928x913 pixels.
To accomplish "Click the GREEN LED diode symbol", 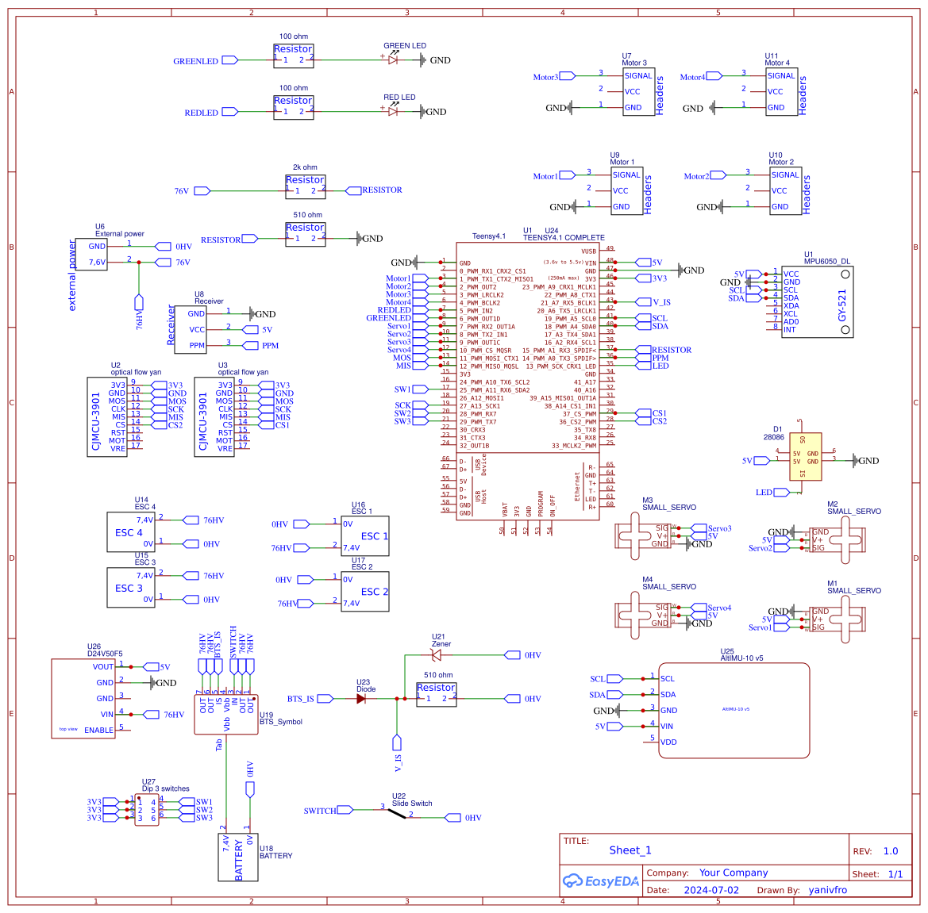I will coord(393,59).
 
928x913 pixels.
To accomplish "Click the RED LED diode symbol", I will coord(393,111).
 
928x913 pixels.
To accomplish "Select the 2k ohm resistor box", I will coord(305,186).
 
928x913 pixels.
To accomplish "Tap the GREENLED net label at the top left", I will coord(195,61).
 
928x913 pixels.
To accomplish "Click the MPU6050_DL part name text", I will coord(826,261).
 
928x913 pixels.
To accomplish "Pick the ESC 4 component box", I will coord(130,532).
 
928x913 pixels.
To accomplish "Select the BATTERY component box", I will coord(237,857).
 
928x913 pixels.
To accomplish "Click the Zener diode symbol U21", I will coord(436,655).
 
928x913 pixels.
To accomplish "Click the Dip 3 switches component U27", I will coord(146,810).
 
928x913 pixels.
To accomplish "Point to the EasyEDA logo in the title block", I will coord(600,880).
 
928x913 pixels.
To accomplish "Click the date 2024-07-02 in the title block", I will coord(710,890).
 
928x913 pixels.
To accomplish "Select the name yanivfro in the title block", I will coord(827,890).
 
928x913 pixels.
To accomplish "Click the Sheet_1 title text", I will coord(630,850).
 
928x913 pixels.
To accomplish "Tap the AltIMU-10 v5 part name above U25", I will coord(741,658).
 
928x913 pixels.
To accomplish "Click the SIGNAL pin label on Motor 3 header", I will coord(637,76).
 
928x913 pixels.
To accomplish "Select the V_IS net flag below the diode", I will coord(398,743).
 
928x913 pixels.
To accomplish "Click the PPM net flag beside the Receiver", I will coord(250,346).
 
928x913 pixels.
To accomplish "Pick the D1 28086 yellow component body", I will coord(805,457).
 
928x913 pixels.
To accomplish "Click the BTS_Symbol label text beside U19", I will coord(281,722).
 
